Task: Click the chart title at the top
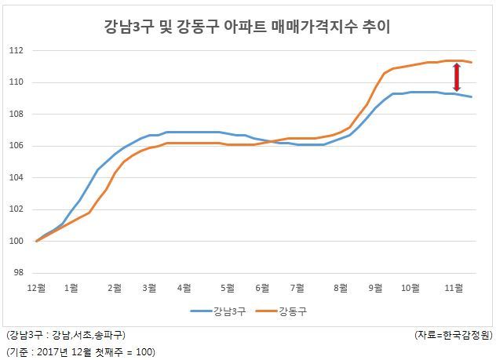coord(247,27)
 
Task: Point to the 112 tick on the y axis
coord(16,50)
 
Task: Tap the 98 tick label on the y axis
coord(19,272)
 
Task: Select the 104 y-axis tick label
coord(16,177)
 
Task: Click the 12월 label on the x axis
coord(37,288)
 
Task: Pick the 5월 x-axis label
coord(228,288)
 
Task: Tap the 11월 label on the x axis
coord(454,288)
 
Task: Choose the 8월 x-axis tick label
coord(341,288)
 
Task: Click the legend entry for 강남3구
coord(218,311)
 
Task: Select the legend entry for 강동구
coord(281,311)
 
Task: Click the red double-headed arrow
coord(457,77)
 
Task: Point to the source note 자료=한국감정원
coord(454,335)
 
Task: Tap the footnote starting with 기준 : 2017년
coord(80,352)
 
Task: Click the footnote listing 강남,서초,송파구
coord(65,335)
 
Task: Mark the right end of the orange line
coord(472,62)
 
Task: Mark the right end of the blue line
coord(472,96)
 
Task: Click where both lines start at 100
coord(37,241)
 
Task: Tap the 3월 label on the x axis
coord(150,288)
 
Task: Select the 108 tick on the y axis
coord(16,114)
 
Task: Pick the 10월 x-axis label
coord(410,288)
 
